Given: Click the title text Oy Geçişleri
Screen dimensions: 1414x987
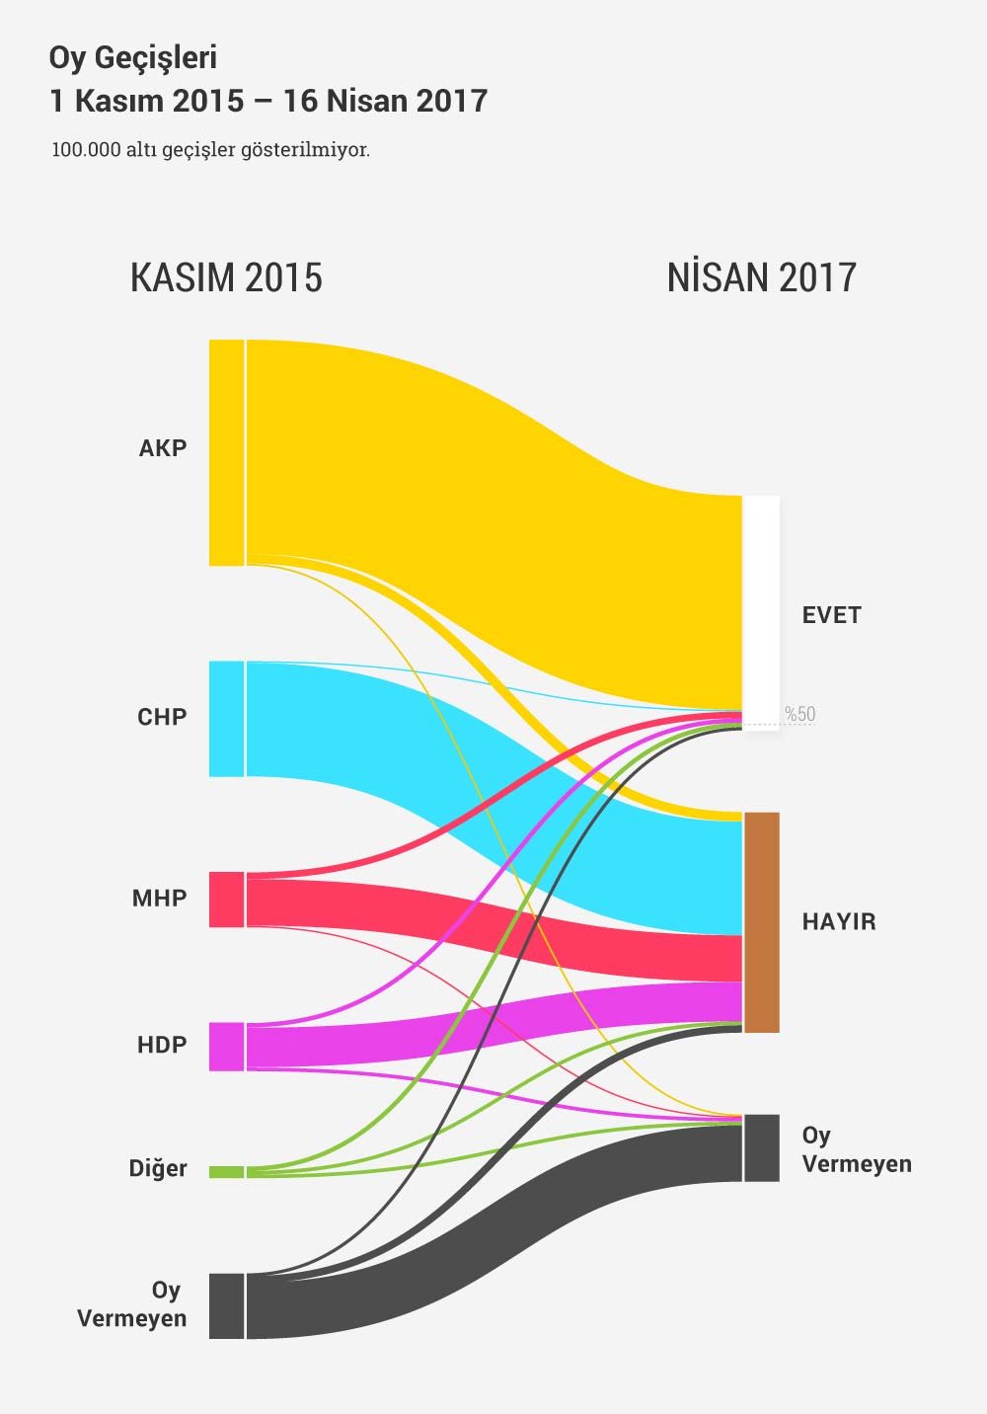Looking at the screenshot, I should [132, 58].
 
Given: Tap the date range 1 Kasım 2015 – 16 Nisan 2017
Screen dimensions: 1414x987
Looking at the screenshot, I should [268, 101].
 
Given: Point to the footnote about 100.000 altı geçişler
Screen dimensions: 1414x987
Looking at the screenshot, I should [211, 151].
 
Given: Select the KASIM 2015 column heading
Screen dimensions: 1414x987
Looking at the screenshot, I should [226, 278].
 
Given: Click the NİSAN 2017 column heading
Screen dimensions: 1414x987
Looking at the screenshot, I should [761, 278].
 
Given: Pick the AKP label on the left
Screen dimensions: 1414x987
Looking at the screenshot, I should [163, 448].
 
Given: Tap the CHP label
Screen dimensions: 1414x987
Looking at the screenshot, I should [162, 717].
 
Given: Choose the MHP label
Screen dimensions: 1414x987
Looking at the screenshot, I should [160, 899].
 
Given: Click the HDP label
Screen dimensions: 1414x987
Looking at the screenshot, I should [162, 1045].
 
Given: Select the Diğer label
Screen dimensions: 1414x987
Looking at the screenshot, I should [158, 1169].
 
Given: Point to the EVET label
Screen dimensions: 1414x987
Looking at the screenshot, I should [831, 615].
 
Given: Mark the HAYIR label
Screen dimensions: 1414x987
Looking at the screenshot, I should [839, 922].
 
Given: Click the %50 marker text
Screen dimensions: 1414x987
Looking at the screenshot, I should [800, 714].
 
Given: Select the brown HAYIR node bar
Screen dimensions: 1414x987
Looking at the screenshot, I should [761, 922].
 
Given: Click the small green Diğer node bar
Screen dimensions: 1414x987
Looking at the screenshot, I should [226, 1172].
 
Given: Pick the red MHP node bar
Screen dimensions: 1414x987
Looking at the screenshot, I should [226, 899].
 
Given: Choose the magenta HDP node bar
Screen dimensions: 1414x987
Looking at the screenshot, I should [226, 1046].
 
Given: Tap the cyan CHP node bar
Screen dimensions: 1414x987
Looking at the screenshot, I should [226, 718].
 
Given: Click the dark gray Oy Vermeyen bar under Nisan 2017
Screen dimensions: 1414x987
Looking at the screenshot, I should [761, 1147].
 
